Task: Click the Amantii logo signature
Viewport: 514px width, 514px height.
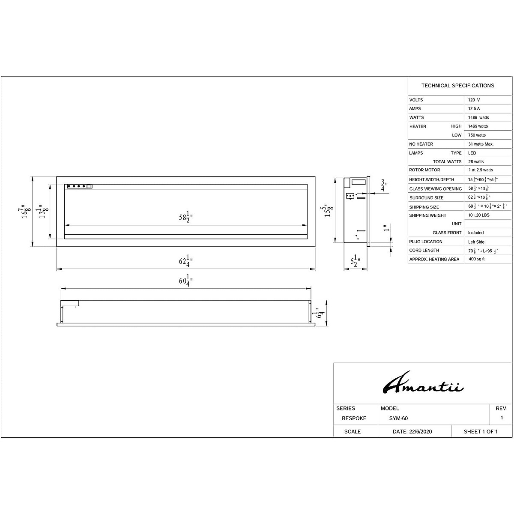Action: (x=422, y=383)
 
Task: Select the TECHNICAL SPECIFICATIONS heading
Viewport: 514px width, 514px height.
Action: (x=457, y=86)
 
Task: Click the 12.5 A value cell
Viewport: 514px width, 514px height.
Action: (x=474, y=109)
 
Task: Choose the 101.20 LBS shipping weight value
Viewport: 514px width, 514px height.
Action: (x=479, y=215)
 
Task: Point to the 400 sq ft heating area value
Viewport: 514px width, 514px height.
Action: (x=477, y=260)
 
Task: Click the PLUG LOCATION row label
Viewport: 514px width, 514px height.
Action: (x=425, y=242)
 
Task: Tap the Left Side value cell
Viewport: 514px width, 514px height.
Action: (x=476, y=242)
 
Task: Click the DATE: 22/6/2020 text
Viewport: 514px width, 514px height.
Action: (x=412, y=432)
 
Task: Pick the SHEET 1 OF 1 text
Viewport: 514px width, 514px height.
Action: (x=481, y=432)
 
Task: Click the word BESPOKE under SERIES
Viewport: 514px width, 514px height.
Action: (x=354, y=418)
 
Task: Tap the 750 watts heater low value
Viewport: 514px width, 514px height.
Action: (x=477, y=135)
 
